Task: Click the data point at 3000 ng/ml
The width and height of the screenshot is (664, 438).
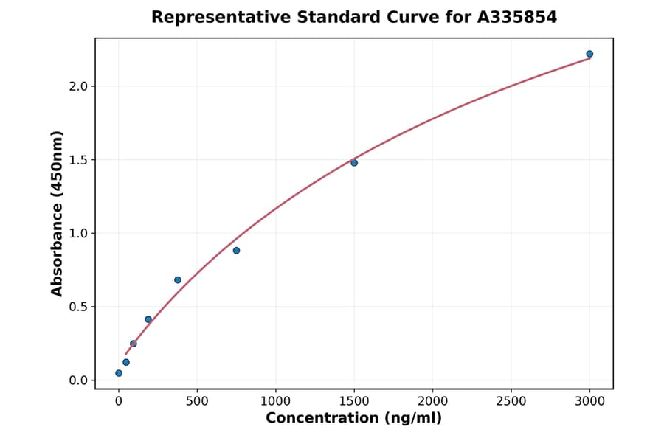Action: [x=589, y=54]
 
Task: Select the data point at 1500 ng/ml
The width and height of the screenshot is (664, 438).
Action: [x=354, y=163]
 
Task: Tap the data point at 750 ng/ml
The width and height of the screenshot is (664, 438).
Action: [x=236, y=251]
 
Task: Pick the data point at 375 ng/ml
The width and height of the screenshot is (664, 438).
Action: [x=178, y=280]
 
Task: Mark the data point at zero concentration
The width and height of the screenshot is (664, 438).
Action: [x=119, y=373]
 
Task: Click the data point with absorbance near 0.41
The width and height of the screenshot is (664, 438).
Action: [x=148, y=319]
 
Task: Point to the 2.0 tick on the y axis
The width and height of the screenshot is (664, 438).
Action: [x=78, y=86]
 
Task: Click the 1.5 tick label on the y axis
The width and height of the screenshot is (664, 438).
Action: [x=78, y=160]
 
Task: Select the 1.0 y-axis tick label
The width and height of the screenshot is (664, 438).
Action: [x=78, y=234]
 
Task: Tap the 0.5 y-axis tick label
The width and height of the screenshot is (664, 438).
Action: [x=78, y=307]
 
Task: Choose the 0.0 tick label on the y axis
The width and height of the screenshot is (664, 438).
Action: [x=78, y=380]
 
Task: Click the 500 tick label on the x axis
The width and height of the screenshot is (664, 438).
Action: [x=197, y=401]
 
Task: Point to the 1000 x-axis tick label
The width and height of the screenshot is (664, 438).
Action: [x=275, y=401]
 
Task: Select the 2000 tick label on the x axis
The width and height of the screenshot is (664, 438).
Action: [x=432, y=401]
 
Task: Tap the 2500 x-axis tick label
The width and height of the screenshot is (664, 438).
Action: [x=511, y=401]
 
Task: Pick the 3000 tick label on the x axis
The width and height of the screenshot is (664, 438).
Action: [x=589, y=401]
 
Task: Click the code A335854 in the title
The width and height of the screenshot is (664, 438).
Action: [x=516, y=17]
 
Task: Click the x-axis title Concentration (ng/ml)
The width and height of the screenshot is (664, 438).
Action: [x=353, y=419]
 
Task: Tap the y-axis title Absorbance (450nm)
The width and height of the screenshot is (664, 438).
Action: [x=58, y=213]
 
